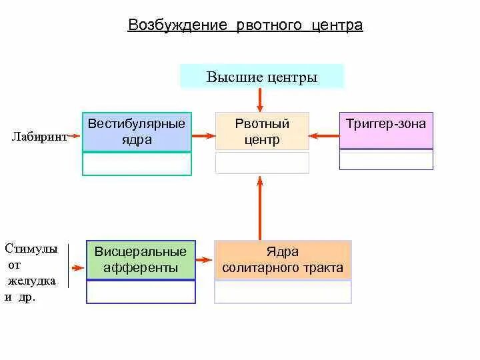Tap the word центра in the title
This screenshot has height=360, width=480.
click(x=337, y=25)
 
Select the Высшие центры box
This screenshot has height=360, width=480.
click(x=262, y=77)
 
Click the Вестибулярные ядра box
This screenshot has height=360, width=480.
click(x=137, y=132)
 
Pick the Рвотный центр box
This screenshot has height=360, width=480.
click(x=262, y=131)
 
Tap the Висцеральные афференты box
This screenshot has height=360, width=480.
click(x=141, y=260)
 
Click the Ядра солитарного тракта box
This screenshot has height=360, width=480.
click(x=283, y=260)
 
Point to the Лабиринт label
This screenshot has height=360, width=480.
click(x=39, y=137)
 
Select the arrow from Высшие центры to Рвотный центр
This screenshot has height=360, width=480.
click(x=260, y=100)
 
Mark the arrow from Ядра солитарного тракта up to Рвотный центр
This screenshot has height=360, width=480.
click(x=260, y=207)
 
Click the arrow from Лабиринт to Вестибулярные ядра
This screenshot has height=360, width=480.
click(x=75, y=137)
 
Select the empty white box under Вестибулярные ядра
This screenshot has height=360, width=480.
click(x=137, y=163)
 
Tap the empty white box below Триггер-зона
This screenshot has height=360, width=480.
click(x=386, y=159)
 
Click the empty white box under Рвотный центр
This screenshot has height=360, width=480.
click(x=262, y=163)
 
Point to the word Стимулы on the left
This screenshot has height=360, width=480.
click(x=31, y=249)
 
